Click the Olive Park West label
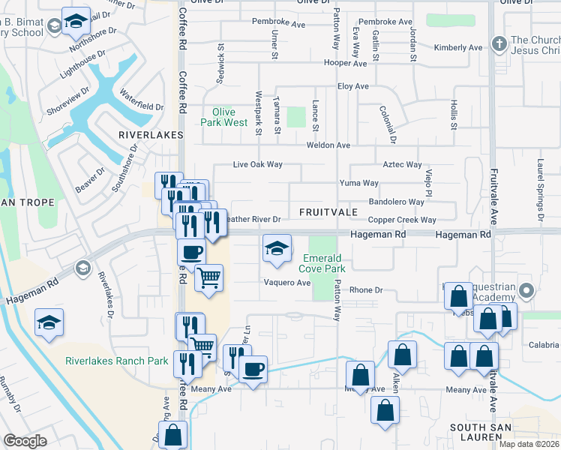point(223,117)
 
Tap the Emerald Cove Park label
point(322,263)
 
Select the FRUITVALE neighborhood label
point(328,213)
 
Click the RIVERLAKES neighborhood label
point(151,135)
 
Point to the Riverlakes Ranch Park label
point(116,361)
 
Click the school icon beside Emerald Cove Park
point(277,249)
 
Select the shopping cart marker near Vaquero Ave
point(208,278)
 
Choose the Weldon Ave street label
point(333,145)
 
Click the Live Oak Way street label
point(257,164)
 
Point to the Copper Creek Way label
point(402,220)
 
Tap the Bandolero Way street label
point(397,202)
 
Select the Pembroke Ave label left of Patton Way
point(278,23)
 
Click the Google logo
point(25,441)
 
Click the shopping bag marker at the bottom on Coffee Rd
point(173,435)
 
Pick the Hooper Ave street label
point(345,64)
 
